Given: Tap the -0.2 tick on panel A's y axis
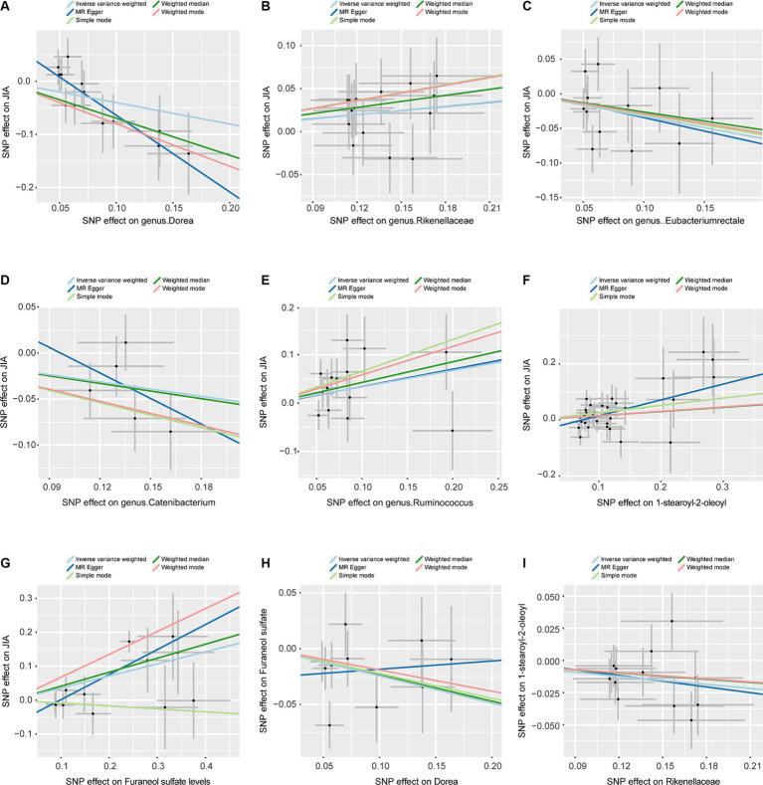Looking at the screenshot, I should tap(21, 187).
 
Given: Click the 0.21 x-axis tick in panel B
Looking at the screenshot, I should tap(489, 208).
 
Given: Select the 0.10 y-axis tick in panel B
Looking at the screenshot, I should tap(282, 46).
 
